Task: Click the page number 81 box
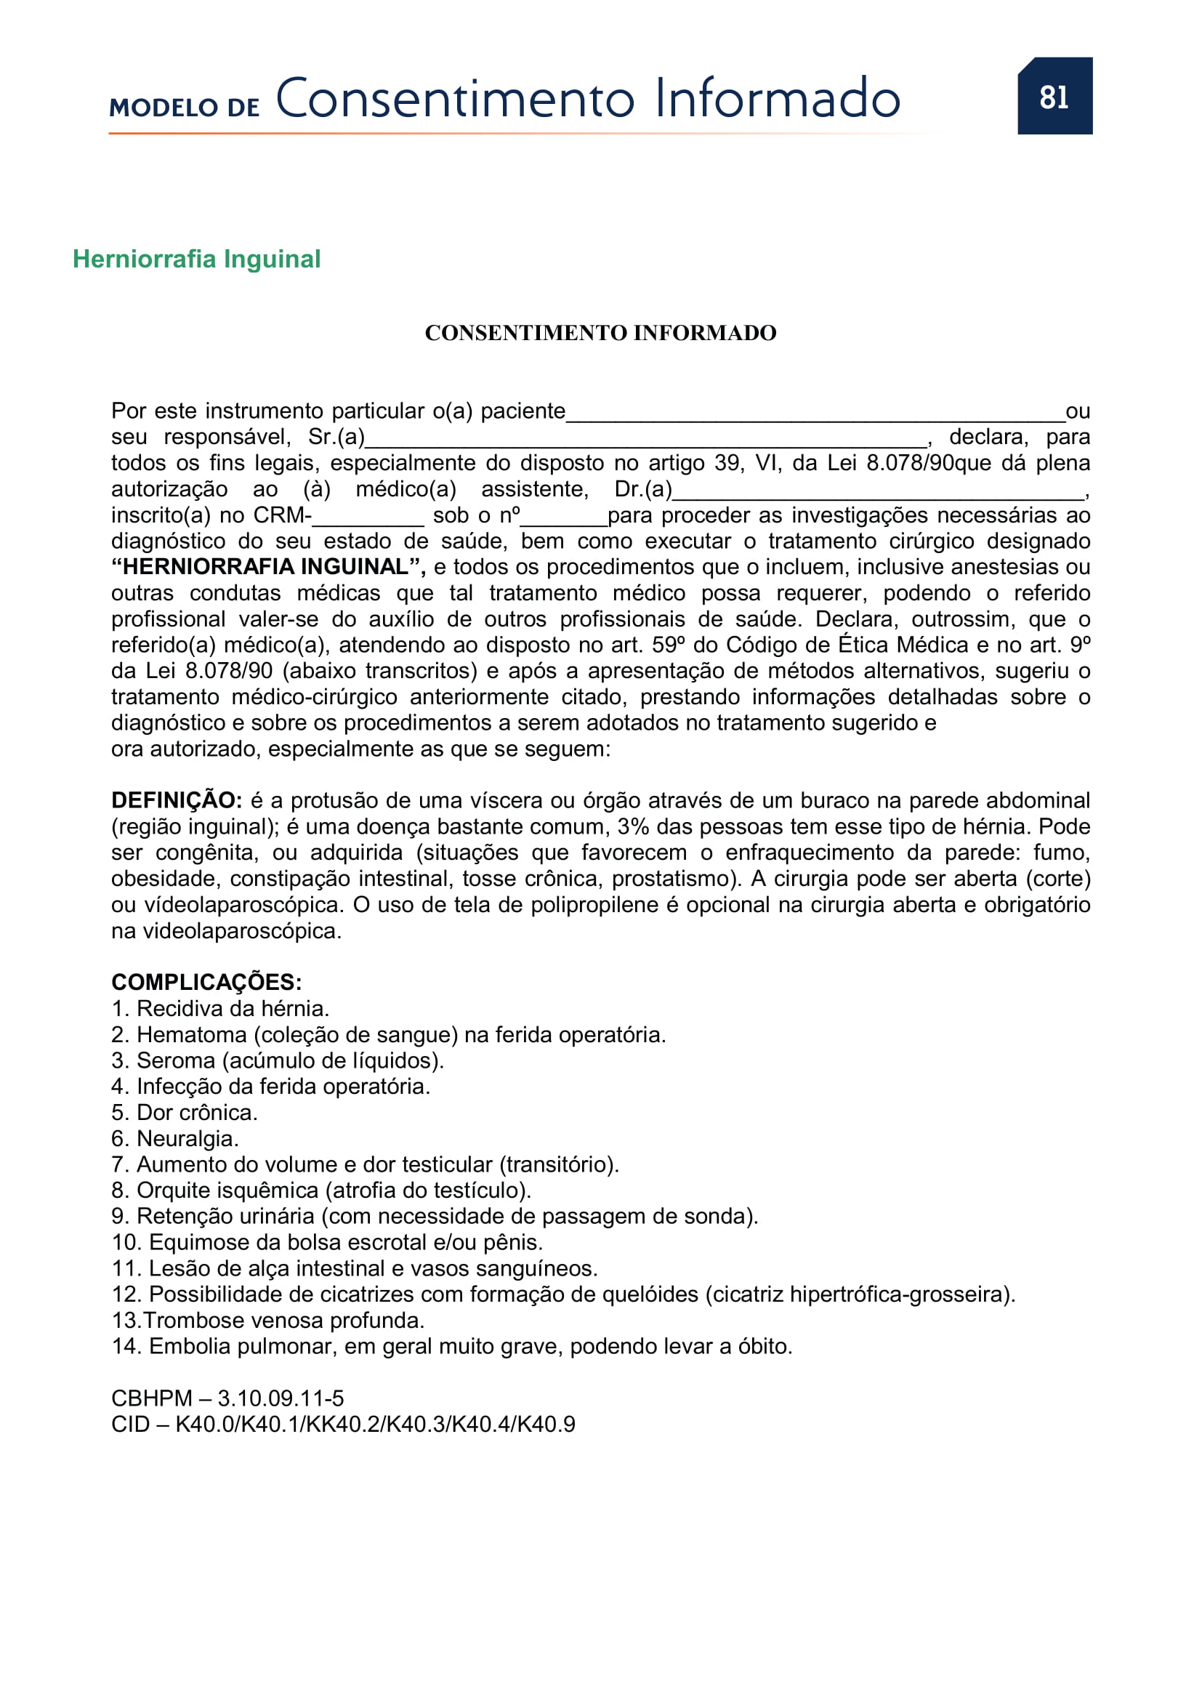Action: pos(1054,96)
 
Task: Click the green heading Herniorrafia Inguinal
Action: pos(196,259)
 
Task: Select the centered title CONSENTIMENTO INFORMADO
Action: pos(600,333)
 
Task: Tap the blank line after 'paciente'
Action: pos(814,414)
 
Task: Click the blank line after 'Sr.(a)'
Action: pos(646,440)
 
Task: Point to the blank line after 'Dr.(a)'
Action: pos(878,493)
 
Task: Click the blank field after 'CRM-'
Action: pos(368,518)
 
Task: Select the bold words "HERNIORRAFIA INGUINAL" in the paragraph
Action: pos(267,567)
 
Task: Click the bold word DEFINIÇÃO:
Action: pos(176,800)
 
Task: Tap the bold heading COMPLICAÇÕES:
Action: pos(206,983)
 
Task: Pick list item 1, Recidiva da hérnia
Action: pos(221,1009)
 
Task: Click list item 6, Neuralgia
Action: pos(175,1138)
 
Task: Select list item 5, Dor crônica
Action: pos(185,1112)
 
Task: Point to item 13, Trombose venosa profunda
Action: pos(268,1320)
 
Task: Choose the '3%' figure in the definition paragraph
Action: pos(634,826)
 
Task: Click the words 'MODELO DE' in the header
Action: pos(185,108)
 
